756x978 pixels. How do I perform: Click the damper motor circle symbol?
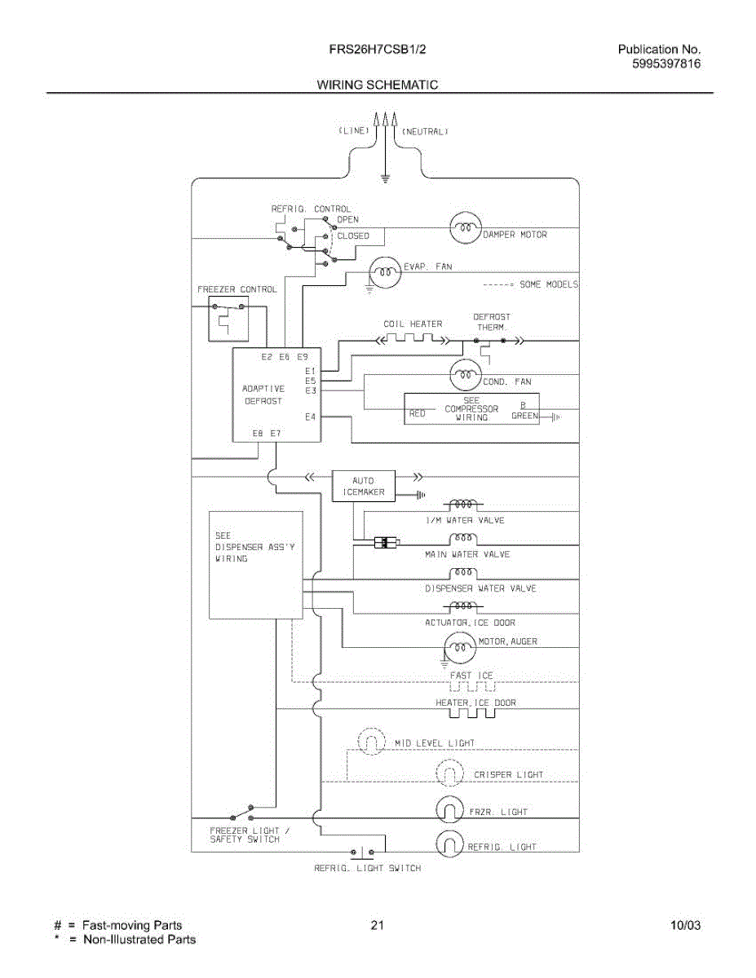pyautogui.click(x=466, y=227)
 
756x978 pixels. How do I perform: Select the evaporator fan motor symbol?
pyautogui.click(x=385, y=272)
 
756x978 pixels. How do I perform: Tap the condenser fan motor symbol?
pyautogui.click(x=466, y=374)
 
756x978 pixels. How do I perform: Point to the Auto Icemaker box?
pyautogui.click(x=364, y=486)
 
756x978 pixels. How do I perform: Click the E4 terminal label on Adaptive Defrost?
pyautogui.click(x=310, y=417)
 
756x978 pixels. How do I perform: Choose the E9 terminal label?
pyautogui.click(x=302, y=357)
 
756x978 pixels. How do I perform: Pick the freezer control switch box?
pyautogui.click(x=228, y=321)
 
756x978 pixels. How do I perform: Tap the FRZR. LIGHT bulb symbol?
pyautogui.click(x=450, y=809)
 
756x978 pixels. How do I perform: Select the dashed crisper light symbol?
pyautogui.click(x=450, y=773)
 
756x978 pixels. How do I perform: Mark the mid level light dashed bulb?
pyautogui.click(x=371, y=740)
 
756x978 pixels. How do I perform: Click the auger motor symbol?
pyautogui.click(x=460, y=648)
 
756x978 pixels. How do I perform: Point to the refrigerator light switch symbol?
pyautogui.click(x=362, y=851)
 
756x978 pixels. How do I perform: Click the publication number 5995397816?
pyautogui.click(x=666, y=64)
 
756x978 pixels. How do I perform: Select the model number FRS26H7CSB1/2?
pyautogui.click(x=378, y=49)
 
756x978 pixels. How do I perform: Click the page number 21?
pyautogui.click(x=378, y=925)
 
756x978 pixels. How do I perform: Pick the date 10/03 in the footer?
pyautogui.click(x=685, y=925)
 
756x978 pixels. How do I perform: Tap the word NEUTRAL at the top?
pyautogui.click(x=425, y=131)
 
